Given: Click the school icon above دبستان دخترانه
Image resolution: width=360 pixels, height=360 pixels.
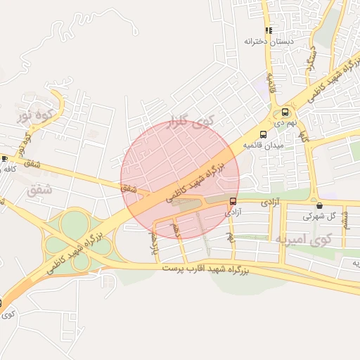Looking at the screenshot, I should [269, 30].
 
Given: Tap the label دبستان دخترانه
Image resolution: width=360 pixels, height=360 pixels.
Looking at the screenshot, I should [269, 41].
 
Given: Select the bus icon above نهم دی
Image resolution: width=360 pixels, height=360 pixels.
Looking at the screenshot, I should [285, 112].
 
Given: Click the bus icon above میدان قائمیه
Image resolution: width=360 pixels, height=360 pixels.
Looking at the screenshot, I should [263, 134].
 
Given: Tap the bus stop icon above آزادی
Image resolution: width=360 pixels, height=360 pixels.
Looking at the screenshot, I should [233, 201].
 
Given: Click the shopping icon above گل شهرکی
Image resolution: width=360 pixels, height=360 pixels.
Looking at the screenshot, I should [320, 206].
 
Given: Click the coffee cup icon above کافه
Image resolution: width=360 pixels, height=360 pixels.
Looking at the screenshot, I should [4, 159].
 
